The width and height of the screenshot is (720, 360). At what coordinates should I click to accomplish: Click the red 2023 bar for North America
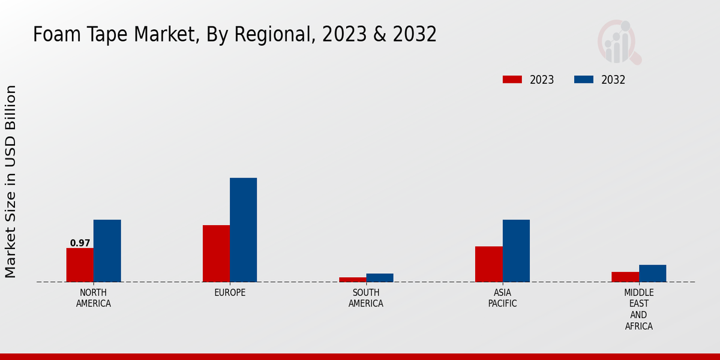click(80, 265)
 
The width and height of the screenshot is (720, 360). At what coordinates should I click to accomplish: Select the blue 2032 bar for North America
click(107, 251)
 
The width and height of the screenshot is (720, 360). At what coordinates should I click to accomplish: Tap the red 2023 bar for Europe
click(216, 253)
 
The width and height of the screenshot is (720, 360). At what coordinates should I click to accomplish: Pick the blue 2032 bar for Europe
click(243, 230)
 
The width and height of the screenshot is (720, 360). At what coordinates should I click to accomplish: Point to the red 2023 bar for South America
click(352, 279)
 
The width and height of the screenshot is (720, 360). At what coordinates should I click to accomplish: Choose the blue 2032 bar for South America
click(380, 277)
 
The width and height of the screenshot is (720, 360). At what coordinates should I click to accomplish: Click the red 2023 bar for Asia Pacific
click(488, 264)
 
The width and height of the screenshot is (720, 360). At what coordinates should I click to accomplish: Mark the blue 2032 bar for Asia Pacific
click(516, 251)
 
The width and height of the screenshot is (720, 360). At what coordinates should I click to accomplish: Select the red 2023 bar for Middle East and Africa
click(625, 277)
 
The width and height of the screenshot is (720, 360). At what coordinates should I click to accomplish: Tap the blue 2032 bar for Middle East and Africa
click(652, 273)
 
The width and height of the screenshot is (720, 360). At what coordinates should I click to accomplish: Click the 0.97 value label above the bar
click(80, 243)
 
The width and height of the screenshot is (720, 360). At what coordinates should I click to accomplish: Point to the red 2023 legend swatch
click(512, 80)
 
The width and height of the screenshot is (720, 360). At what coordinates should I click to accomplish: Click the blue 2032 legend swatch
click(584, 80)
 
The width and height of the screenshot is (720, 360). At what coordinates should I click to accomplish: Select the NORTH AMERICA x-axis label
click(94, 298)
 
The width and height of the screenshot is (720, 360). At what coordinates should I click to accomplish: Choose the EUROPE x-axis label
click(230, 293)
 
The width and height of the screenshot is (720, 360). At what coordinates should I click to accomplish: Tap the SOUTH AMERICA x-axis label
click(366, 298)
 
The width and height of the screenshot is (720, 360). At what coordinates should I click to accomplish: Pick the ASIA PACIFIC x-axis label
click(502, 298)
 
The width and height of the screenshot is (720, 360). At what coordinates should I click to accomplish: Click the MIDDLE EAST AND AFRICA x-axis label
click(638, 309)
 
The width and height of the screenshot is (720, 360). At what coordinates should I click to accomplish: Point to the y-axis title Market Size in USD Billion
click(11, 181)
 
